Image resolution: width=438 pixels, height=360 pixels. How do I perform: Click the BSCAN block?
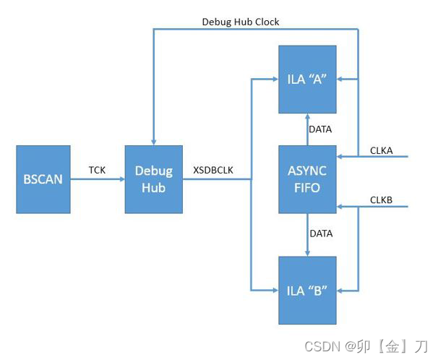43,179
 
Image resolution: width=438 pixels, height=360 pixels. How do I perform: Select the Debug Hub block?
153,179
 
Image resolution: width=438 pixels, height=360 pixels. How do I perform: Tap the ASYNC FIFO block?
307,179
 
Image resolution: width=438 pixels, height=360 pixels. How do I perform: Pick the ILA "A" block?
307,80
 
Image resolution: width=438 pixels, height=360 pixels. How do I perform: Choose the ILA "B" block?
307,290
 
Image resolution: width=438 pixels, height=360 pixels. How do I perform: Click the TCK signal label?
98,169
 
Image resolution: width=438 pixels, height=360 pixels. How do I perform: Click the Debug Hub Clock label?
240,22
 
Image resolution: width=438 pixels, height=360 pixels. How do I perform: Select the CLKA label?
382,150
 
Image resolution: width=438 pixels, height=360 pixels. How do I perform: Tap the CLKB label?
382,199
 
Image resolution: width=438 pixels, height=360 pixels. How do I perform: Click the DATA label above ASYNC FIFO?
320,130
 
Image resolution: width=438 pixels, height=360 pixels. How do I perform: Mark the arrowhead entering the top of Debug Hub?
153,141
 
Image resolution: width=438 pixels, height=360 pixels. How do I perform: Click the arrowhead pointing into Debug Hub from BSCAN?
121,179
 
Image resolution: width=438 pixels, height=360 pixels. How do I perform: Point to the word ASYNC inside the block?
307,171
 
